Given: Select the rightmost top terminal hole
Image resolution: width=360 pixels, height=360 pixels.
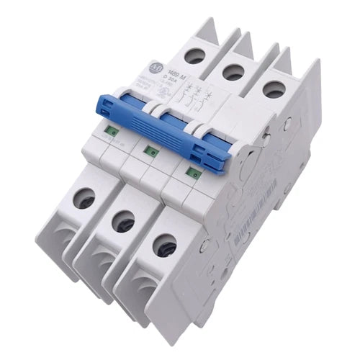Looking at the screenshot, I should pos(271,89).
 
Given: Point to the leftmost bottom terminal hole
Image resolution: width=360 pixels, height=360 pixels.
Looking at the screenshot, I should pos(85,197).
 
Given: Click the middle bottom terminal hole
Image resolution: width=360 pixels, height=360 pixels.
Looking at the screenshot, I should pos(124,220).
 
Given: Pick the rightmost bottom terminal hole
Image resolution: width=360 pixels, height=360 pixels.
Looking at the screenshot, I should pos(166,244).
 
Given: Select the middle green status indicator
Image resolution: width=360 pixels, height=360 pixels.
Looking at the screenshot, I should pos(150,150).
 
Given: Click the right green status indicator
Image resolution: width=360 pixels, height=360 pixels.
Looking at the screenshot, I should pos(191,172).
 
